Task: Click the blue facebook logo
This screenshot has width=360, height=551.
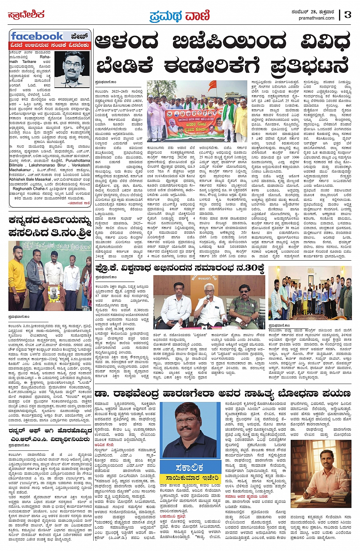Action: (37, 37)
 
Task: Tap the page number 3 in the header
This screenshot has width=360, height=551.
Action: (347, 15)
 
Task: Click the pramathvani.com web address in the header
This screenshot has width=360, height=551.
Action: (317, 18)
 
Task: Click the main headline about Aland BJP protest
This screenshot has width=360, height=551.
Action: (222, 55)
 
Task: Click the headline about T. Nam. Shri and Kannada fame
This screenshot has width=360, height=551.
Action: (50, 226)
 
